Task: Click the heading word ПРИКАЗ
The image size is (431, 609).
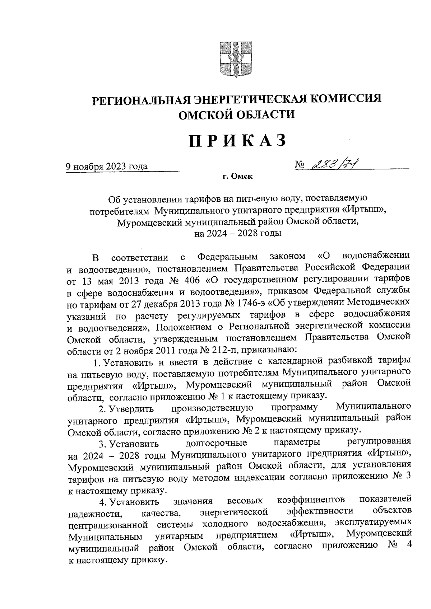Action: point(238,141)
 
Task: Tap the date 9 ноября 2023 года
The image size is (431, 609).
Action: point(106,167)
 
